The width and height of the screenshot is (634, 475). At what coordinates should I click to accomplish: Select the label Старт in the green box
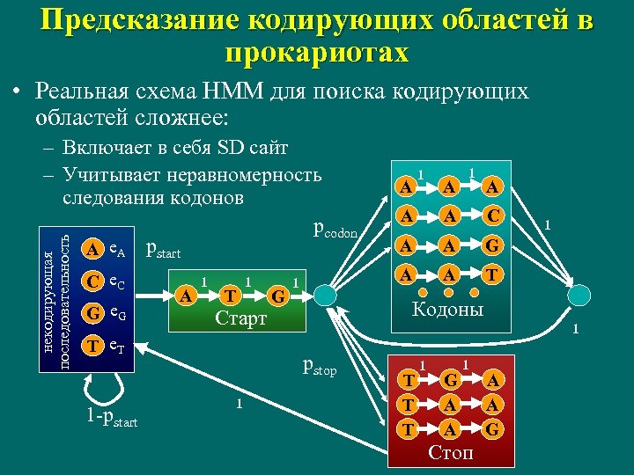(240, 318)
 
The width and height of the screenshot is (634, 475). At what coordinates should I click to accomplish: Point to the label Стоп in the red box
(449, 453)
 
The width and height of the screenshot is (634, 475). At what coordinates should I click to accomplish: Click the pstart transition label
(162, 251)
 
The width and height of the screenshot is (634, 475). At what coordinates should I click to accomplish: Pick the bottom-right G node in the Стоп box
(493, 430)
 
